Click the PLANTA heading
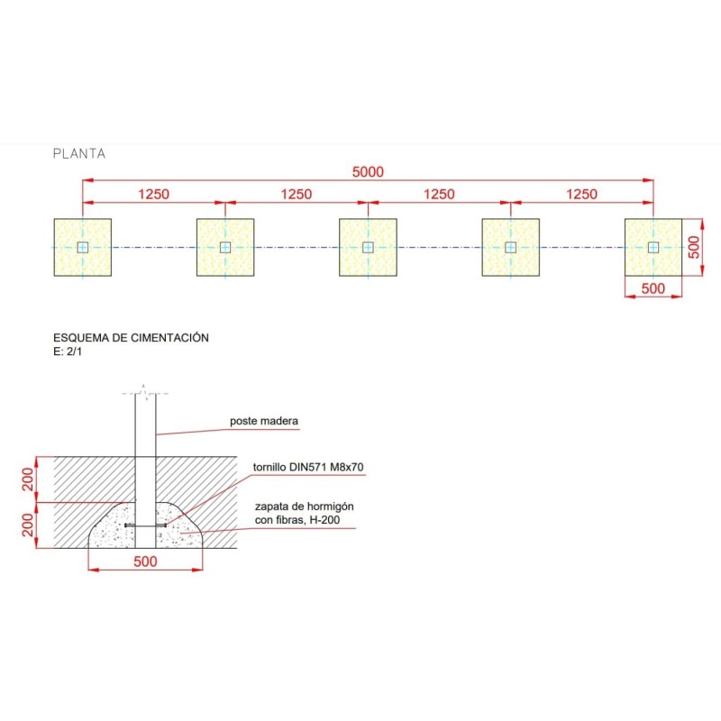[79, 153]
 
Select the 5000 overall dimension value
[368, 172]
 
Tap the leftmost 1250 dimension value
[153, 194]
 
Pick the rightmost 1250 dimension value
[581, 194]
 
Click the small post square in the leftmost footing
[83, 247]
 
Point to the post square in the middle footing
[368, 247]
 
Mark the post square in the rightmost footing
[653, 247]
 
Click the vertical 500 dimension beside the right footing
[694, 247]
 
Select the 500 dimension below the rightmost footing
[653, 288]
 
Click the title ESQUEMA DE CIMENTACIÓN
[131, 337]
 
